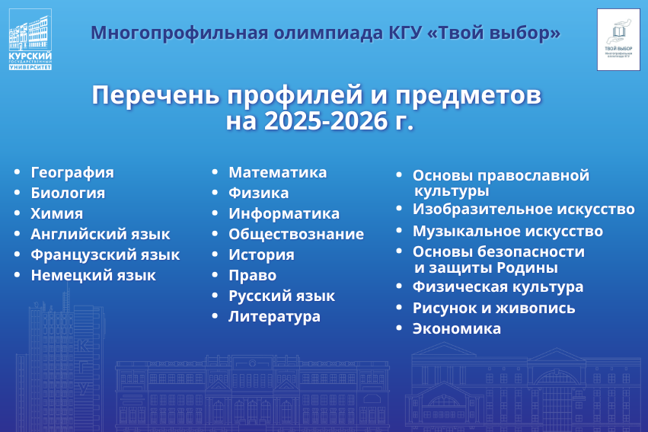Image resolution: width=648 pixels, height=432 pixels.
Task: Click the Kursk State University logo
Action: [x=30, y=40]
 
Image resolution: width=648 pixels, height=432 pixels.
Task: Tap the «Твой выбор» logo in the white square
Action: [x=618, y=40]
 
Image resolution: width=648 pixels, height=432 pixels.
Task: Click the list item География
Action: [x=72, y=173]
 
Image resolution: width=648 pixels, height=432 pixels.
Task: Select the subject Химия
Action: [x=56, y=214]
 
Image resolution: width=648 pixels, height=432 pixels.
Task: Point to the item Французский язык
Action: [x=105, y=255]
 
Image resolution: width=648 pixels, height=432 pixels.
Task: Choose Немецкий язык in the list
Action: [x=94, y=275]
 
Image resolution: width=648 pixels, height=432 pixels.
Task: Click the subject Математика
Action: [x=278, y=172]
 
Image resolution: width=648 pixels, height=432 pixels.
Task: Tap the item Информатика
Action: [x=284, y=214]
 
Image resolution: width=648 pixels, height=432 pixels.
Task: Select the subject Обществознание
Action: [x=296, y=234]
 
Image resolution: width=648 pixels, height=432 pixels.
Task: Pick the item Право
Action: [x=253, y=275]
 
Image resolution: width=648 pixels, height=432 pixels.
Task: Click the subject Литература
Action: [x=274, y=317]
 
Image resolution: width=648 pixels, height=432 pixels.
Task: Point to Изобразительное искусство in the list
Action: [x=524, y=210]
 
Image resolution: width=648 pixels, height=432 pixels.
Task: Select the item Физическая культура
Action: [x=498, y=287]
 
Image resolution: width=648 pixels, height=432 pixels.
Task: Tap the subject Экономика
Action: [x=457, y=328]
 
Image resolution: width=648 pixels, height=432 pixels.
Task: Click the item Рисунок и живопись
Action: [x=494, y=308]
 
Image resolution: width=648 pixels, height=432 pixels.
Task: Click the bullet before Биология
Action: [x=17, y=192]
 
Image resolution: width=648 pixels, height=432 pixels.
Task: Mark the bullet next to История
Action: [x=215, y=254]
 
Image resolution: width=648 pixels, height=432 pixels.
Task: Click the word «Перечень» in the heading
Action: [x=155, y=95]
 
